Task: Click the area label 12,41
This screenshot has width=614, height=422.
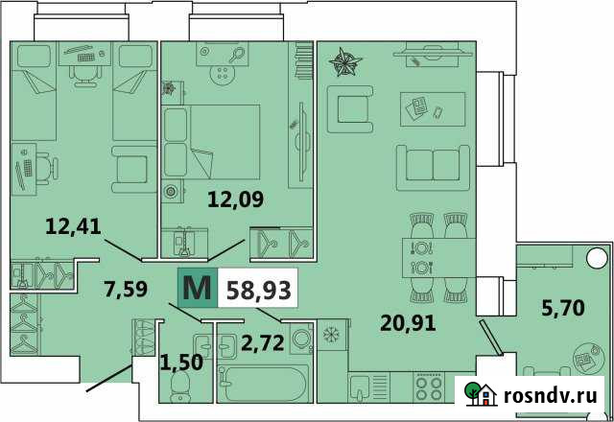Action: pos(74,227)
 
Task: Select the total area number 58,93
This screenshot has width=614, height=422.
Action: pos(258,288)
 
